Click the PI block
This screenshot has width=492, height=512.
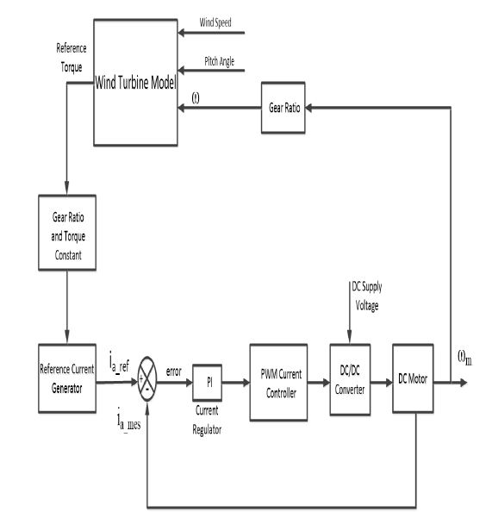(x=208, y=380)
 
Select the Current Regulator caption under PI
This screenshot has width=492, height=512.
(x=208, y=415)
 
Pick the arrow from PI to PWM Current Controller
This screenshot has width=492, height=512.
(x=237, y=380)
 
